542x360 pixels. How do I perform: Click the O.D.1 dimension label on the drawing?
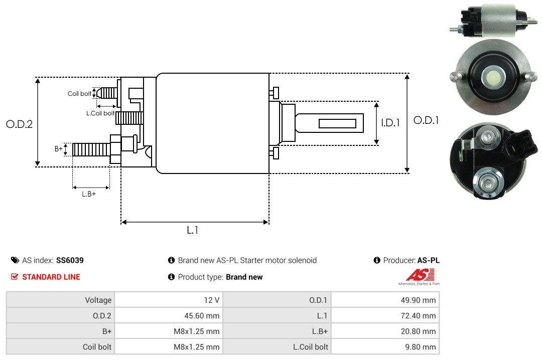pos(426,120)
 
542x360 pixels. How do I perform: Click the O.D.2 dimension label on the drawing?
pos(19,124)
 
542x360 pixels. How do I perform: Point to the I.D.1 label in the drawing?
pos(390,122)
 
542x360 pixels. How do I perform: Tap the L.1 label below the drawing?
pos(193,230)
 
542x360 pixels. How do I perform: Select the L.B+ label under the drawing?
pos(88,194)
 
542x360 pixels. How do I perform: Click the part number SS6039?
pos(70,260)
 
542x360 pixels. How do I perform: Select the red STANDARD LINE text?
pos(51,277)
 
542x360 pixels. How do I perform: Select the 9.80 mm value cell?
pos(425,346)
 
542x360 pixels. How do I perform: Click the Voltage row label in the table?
pos(98,300)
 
